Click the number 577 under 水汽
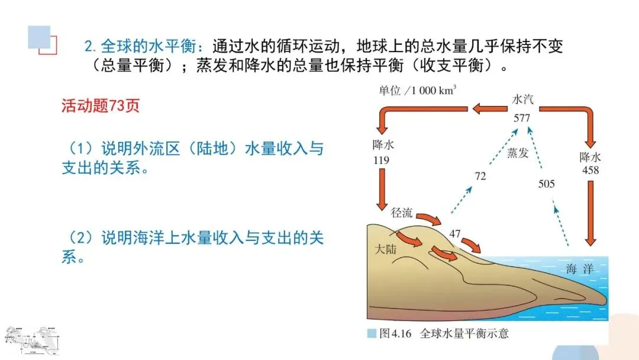click(522, 118)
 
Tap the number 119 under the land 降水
click(382, 160)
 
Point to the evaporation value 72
click(480, 176)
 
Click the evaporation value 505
click(546, 184)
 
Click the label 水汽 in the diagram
click(522, 100)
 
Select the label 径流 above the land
click(402, 213)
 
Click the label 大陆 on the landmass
click(386, 249)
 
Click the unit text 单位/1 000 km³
click(418, 91)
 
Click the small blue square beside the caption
click(372, 333)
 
